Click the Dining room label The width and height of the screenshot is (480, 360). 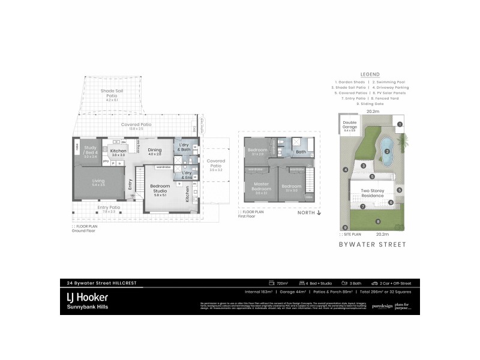155,151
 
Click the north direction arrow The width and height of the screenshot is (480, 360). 320,212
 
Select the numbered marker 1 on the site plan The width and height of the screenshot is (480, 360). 400,124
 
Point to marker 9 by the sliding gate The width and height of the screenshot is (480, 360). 345,227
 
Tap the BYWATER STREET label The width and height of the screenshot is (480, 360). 373,244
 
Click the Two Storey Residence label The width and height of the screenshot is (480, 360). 373,194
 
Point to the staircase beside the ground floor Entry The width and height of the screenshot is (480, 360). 138,179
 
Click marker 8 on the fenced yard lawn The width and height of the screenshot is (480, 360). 378,222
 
